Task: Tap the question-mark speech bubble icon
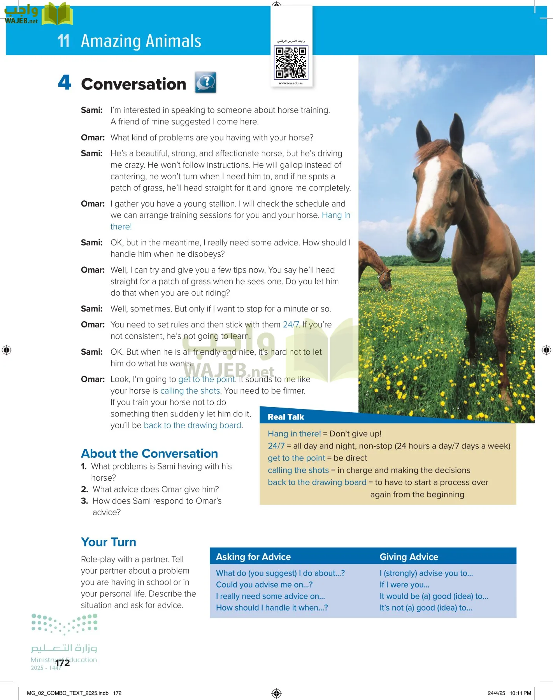pyautogui.click(x=205, y=82)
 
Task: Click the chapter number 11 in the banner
pyautogui.click(x=63, y=41)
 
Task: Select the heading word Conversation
pyautogui.click(x=133, y=84)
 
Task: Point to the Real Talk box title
pyautogui.click(x=286, y=417)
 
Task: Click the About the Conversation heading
pyautogui.click(x=149, y=453)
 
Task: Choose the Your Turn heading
pyautogui.click(x=109, y=542)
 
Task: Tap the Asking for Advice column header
pyautogui.click(x=253, y=557)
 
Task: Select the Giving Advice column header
pyautogui.click(x=409, y=557)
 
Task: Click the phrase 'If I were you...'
pyautogui.click(x=404, y=584)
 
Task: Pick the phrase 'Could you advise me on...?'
pyautogui.click(x=264, y=584)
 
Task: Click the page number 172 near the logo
pyautogui.click(x=62, y=663)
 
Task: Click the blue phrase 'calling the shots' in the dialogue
pyautogui.click(x=190, y=391)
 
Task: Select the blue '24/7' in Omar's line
pyautogui.click(x=291, y=325)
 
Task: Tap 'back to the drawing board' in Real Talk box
pyautogui.click(x=317, y=482)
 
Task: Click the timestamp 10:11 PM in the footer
pyautogui.click(x=520, y=693)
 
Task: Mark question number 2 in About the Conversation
pyautogui.click(x=84, y=489)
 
